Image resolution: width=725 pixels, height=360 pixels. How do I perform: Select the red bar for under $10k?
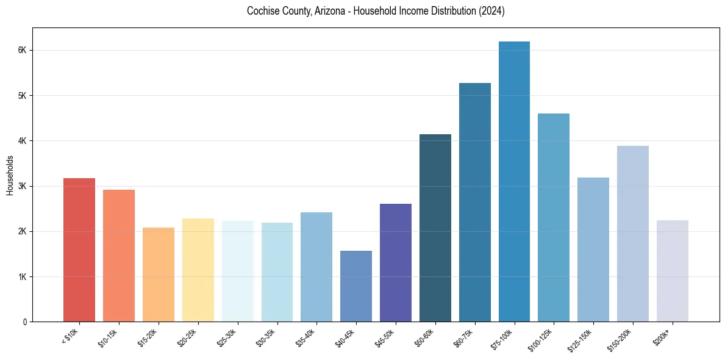point(79,250)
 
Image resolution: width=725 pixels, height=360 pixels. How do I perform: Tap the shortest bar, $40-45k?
point(356,286)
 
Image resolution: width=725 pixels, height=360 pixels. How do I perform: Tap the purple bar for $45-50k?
point(396,263)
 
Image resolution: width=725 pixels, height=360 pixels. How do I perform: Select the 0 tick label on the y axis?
point(24,322)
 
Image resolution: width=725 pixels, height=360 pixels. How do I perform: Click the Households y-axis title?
point(10,175)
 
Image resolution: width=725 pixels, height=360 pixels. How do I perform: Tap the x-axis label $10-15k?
point(109,337)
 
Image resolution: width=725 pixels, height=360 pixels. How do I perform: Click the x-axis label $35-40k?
point(307,337)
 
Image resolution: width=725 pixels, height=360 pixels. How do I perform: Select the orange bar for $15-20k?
point(159,275)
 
